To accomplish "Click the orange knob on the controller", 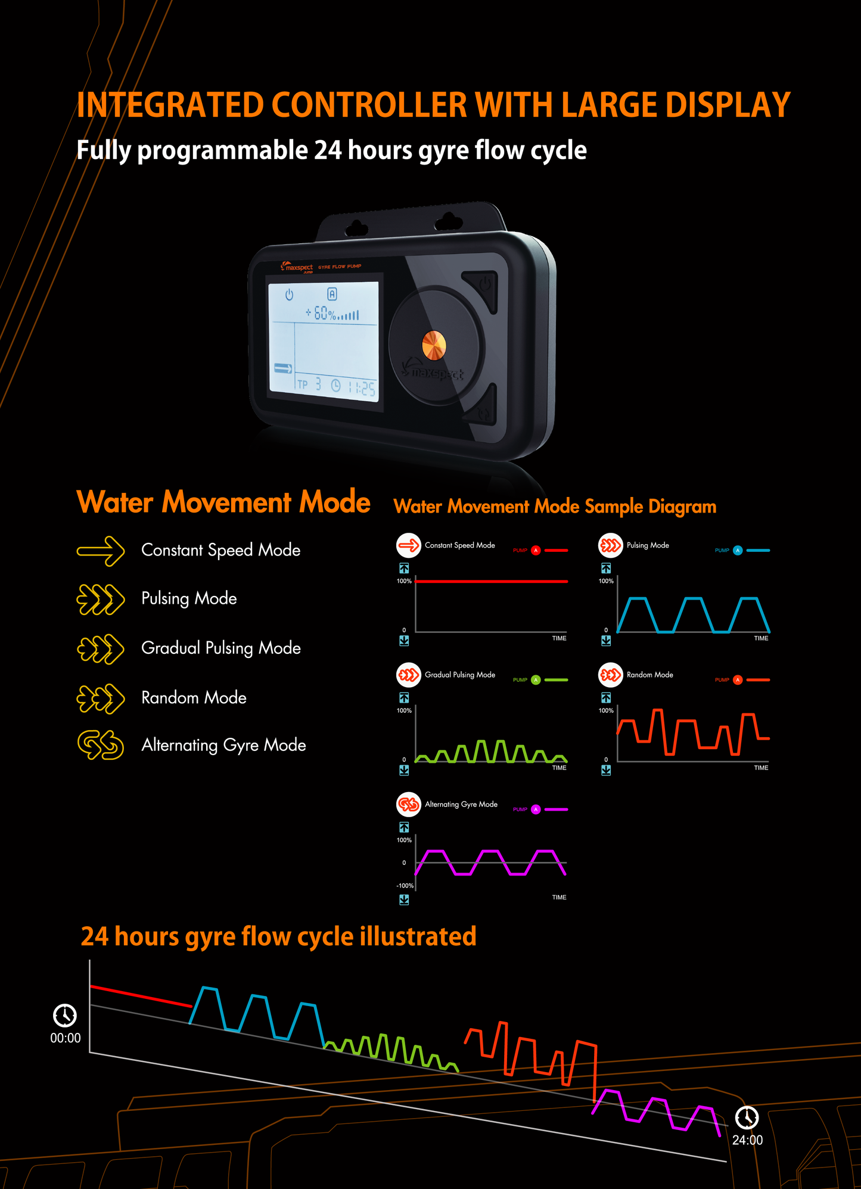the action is pyautogui.click(x=433, y=346).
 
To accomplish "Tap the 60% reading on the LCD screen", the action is pyautogui.click(x=325, y=313).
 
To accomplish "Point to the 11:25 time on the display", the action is pyautogui.click(x=362, y=388).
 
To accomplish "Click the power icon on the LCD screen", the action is pyautogui.click(x=289, y=295).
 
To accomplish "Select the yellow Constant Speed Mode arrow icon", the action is pyautogui.click(x=101, y=551).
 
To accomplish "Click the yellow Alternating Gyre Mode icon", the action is pyautogui.click(x=101, y=745).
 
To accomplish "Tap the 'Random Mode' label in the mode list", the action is pyautogui.click(x=194, y=697).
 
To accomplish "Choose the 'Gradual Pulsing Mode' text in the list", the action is pyautogui.click(x=221, y=648).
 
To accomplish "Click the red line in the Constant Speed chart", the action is pyautogui.click(x=492, y=581).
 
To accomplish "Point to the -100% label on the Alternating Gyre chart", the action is pyautogui.click(x=405, y=886).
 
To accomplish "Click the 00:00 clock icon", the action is pyautogui.click(x=65, y=1015).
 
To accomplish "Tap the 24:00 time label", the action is pyautogui.click(x=747, y=1140).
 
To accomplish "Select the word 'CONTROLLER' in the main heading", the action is pyautogui.click(x=369, y=105).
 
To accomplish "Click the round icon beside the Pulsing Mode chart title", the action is pyautogui.click(x=610, y=545).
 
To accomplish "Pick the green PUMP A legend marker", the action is pyautogui.click(x=536, y=680).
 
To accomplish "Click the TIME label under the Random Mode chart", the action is pyautogui.click(x=761, y=768).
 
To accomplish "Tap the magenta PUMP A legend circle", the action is pyautogui.click(x=536, y=809).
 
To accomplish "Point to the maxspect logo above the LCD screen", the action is pyautogui.click(x=297, y=268).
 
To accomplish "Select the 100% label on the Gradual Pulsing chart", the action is pyautogui.click(x=404, y=710).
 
